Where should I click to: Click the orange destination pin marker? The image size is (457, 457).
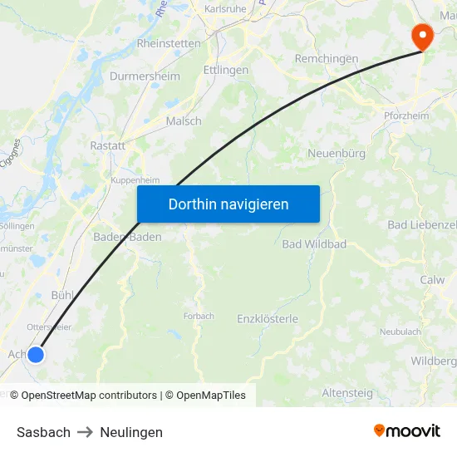(422, 35)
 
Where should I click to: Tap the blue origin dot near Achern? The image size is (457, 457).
(36, 355)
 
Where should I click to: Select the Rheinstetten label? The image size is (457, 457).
(169, 43)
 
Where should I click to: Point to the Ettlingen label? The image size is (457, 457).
(226, 71)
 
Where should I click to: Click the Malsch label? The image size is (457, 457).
(184, 120)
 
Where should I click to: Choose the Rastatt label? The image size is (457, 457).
(108, 145)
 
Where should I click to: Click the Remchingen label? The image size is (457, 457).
(327, 59)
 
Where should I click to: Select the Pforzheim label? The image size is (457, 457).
(406, 115)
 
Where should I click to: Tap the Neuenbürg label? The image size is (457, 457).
(337, 154)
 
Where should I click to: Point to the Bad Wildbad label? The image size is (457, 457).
(314, 244)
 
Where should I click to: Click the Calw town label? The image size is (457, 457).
(432, 280)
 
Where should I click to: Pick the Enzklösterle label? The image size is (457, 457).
(268, 319)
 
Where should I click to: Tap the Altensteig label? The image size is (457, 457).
(347, 392)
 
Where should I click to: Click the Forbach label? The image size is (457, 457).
(199, 316)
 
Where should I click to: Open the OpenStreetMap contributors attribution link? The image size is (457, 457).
(89, 396)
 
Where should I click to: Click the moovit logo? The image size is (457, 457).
(407, 430)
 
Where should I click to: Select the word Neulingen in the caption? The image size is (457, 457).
(131, 432)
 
